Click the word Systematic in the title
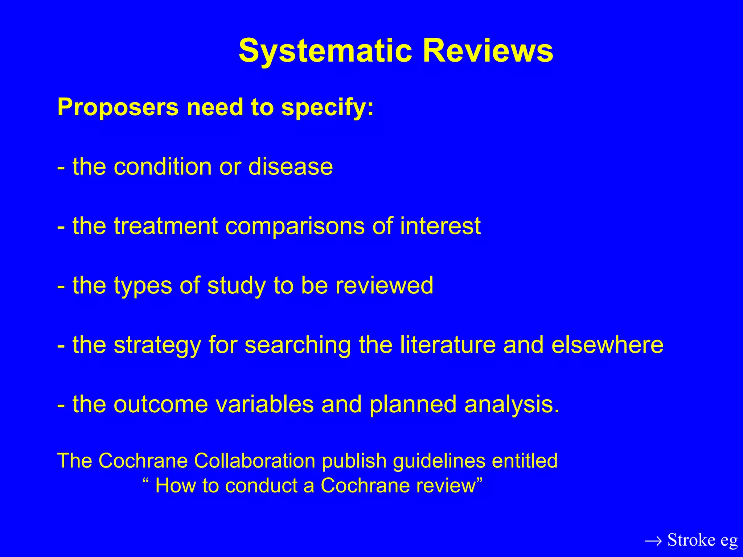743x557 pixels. pos(325,51)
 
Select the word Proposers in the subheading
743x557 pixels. pos(118,108)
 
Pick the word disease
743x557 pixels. pos(290,167)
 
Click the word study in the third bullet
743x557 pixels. pos(237,286)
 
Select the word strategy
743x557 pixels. pos(157,345)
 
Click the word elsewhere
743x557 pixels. pos(607,344)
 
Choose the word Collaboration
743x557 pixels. pos(255,461)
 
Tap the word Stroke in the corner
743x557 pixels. pos(691,540)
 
